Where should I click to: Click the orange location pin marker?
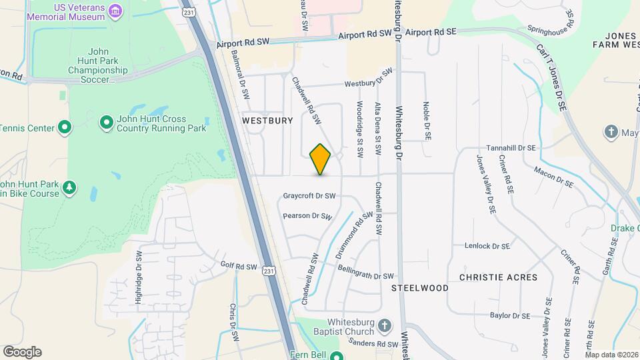(x=320, y=159)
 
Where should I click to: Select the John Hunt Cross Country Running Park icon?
(x=106, y=123)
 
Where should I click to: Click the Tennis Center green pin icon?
(x=64, y=127)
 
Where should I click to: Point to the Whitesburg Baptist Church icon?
(x=383, y=326)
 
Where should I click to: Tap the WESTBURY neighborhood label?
(x=267, y=121)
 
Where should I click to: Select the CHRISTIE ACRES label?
(x=498, y=277)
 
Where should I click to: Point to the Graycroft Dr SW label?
(x=309, y=196)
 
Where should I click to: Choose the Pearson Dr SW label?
(x=307, y=216)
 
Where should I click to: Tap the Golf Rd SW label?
(x=239, y=266)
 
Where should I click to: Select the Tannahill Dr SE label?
(x=511, y=148)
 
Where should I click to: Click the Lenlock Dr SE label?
(x=487, y=245)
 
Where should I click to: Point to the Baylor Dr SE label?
(x=509, y=315)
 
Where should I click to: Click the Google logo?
(x=22, y=351)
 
